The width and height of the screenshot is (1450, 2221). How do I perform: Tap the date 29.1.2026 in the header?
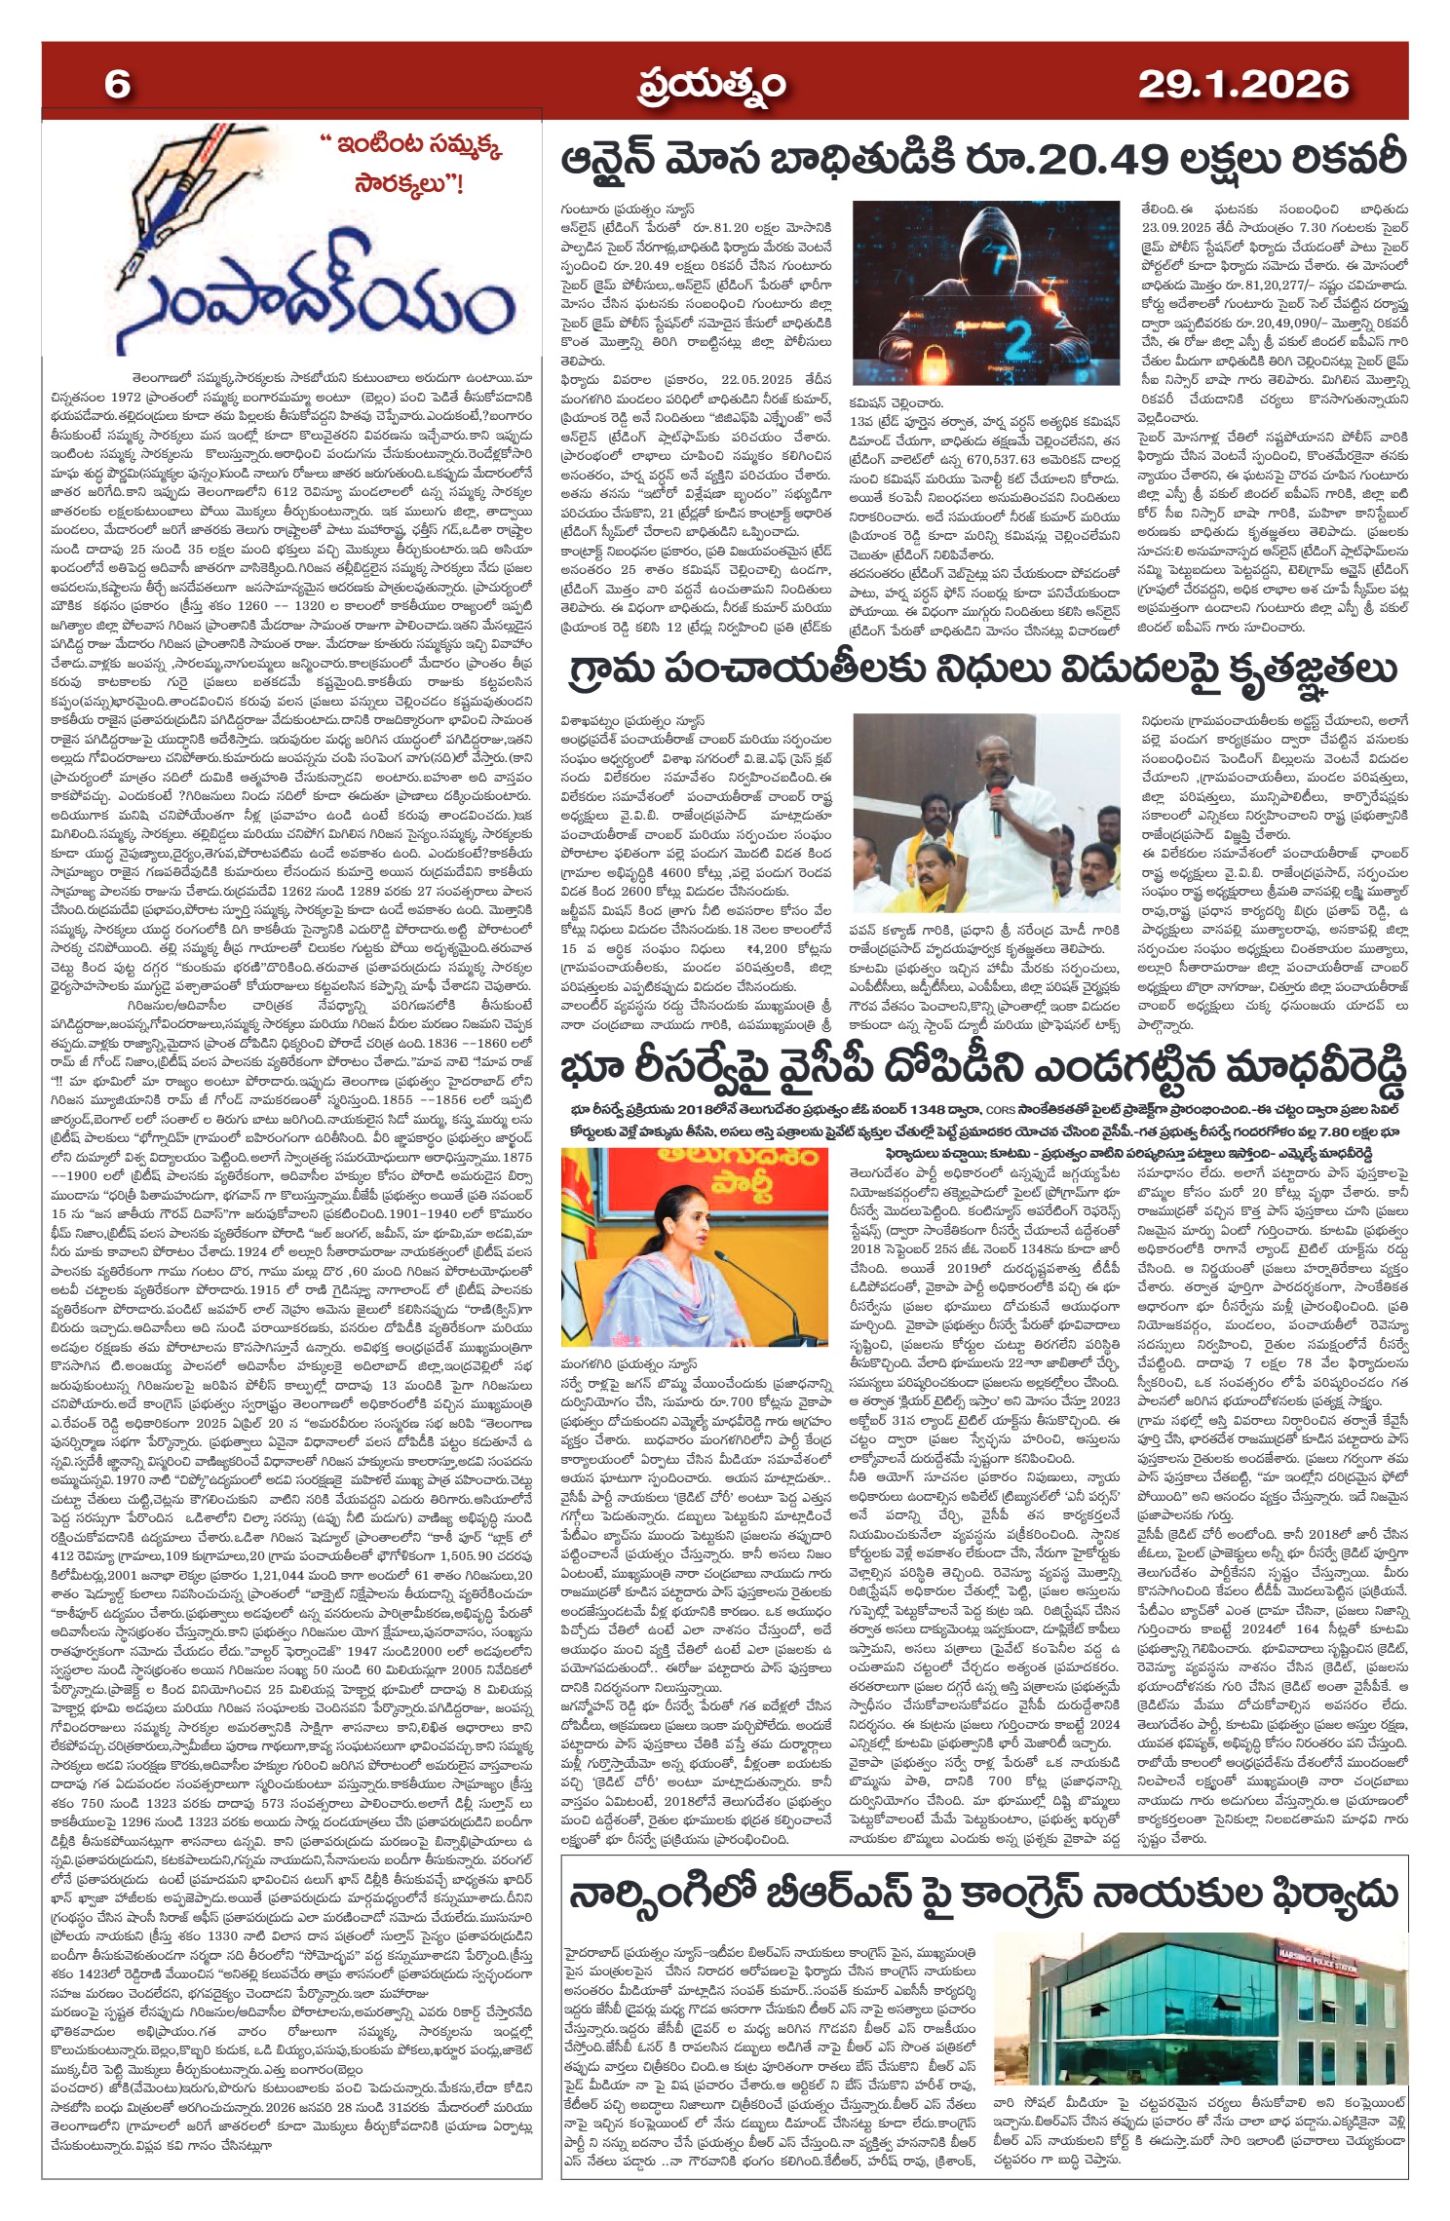pyautogui.click(x=1242, y=85)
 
